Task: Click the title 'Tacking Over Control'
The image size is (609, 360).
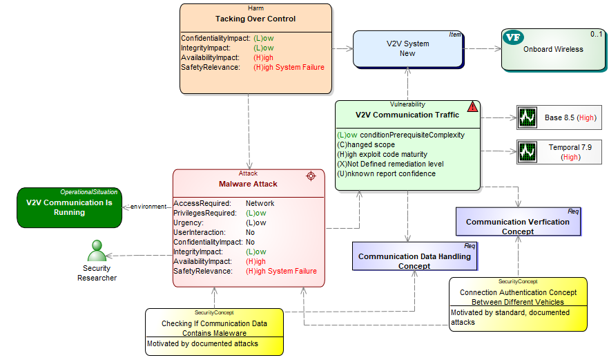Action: (255, 19)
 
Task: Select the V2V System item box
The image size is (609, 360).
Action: (407, 48)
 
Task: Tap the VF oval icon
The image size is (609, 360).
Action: (512, 38)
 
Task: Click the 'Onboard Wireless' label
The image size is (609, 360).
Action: (553, 49)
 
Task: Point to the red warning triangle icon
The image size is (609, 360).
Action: (472, 107)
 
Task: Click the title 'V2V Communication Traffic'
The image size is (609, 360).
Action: (407, 115)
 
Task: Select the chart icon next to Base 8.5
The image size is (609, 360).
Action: (528, 117)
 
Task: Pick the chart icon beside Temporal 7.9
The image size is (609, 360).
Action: (528, 151)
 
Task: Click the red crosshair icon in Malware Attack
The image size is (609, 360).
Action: (311, 176)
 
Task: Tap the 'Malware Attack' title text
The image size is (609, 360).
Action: (248, 184)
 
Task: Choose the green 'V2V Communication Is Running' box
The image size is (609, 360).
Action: (69, 207)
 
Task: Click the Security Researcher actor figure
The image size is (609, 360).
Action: (96, 251)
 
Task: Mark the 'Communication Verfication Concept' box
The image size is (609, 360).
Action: (517, 222)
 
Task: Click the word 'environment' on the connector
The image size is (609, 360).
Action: (148, 207)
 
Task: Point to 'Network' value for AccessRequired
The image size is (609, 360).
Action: (260, 204)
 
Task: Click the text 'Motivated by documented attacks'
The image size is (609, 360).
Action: (202, 343)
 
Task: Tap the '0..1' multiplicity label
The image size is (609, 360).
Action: (596, 34)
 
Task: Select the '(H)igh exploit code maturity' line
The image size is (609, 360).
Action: (382, 154)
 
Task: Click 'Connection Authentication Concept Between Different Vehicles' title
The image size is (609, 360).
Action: (517, 297)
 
